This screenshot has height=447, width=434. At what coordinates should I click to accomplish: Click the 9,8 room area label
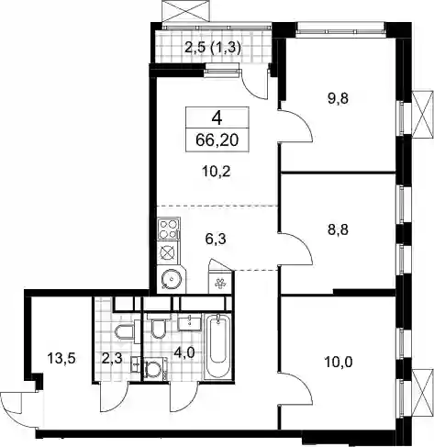pyautogui.click(x=339, y=99)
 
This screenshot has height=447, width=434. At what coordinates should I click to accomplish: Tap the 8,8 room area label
pyautogui.click(x=339, y=229)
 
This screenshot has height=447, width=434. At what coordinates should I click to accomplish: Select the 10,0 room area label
pyautogui.click(x=339, y=363)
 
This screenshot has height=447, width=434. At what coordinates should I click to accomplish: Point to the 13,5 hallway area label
pyautogui.click(x=61, y=358)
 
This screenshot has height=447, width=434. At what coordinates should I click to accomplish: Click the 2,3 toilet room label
pyautogui.click(x=112, y=358)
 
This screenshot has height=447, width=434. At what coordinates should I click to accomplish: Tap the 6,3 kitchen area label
pyautogui.click(x=216, y=239)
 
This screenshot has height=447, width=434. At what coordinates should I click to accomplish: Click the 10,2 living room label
pyautogui.click(x=217, y=172)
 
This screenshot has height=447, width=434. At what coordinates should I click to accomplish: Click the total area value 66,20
pyautogui.click(x=217, y=140)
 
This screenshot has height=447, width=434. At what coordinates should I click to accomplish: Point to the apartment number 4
pyautogui.click(x=217, y=117)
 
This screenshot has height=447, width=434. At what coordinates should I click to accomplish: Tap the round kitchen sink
pyautogui.click(x=172, y=279)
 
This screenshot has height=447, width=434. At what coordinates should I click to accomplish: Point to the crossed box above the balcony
pyautogui.click(x=186, y=11)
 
